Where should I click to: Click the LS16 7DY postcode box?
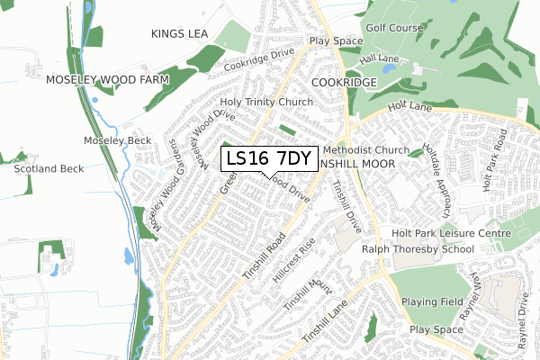point(269,158)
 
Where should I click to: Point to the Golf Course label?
point(393,28)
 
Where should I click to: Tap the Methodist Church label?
point(365,149)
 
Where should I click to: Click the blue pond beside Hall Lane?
point(389,67)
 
